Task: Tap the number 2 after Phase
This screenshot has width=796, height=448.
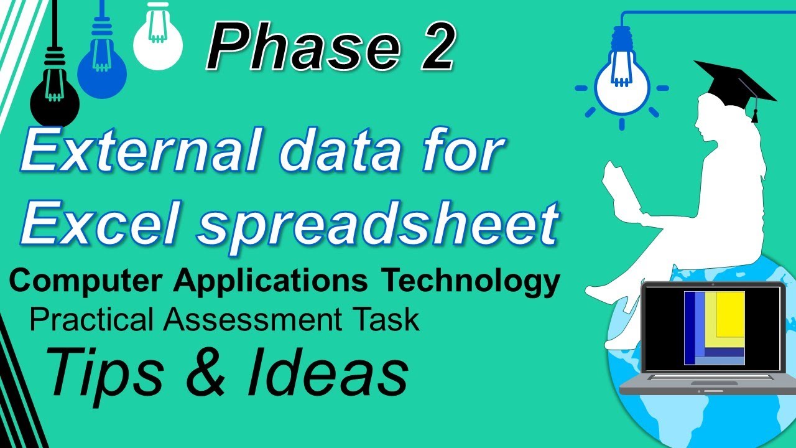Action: [x=428, y=46]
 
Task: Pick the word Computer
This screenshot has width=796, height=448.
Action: [x=87, y=281]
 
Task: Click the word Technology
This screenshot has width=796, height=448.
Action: [x=470, y=281]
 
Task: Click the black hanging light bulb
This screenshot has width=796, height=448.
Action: [x=54, y=100]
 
